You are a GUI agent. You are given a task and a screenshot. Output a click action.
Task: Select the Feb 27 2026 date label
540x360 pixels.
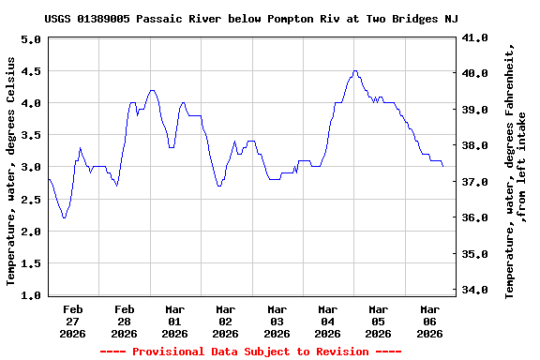[x=73, y=321]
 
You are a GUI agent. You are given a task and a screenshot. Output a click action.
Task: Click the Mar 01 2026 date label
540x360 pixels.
[x=174, y=321]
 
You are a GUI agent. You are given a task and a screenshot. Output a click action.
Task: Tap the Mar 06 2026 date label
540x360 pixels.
[x=429, y=321]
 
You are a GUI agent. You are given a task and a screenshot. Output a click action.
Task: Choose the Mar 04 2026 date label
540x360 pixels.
[x=327, y=321]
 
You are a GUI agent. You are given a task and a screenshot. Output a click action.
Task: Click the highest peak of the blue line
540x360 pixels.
[x=354, y=70]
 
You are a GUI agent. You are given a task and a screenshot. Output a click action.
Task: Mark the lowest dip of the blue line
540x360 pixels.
[x=64, y=217]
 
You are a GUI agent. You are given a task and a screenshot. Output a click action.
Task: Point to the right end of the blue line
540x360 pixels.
[x=442, y=166]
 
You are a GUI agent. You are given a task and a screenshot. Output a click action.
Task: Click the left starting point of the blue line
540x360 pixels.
[x=48, y=178]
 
